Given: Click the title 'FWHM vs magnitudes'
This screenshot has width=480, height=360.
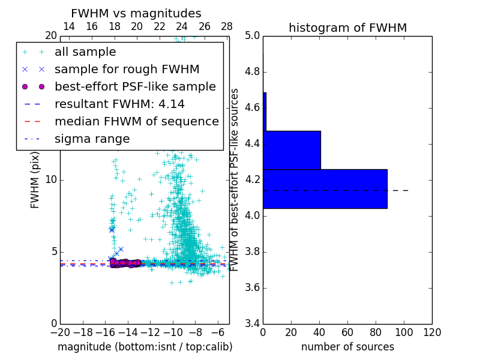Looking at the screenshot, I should [x=136, y=13].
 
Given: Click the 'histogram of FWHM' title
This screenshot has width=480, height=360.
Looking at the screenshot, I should [x=347, y=28].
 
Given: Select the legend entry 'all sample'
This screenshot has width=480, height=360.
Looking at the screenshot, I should [x=85, y=52].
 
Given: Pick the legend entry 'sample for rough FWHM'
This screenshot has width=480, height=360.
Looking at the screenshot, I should [x=127, y=70].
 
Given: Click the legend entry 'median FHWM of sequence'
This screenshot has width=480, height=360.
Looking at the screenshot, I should [x=136, y=122].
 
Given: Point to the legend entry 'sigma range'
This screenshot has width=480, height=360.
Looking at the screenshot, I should [x=92, y=139].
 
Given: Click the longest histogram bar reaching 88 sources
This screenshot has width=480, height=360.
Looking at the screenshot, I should [x=325, y=188].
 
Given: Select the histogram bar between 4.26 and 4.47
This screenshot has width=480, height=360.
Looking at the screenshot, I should [x=292, y=150].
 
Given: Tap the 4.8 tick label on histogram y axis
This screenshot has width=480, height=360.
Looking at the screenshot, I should [x=252, y=72].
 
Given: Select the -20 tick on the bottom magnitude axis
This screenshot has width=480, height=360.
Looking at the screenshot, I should [x=60, y=332].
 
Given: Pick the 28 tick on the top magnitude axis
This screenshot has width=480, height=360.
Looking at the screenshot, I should [x=227, y=26].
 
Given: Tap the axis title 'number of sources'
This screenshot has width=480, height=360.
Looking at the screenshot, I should [x=347, y=347].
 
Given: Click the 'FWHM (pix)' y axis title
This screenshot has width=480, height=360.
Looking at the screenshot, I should [x=35, y=179].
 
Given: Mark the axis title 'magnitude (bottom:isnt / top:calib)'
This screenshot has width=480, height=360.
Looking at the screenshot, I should [x=145, y=347].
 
